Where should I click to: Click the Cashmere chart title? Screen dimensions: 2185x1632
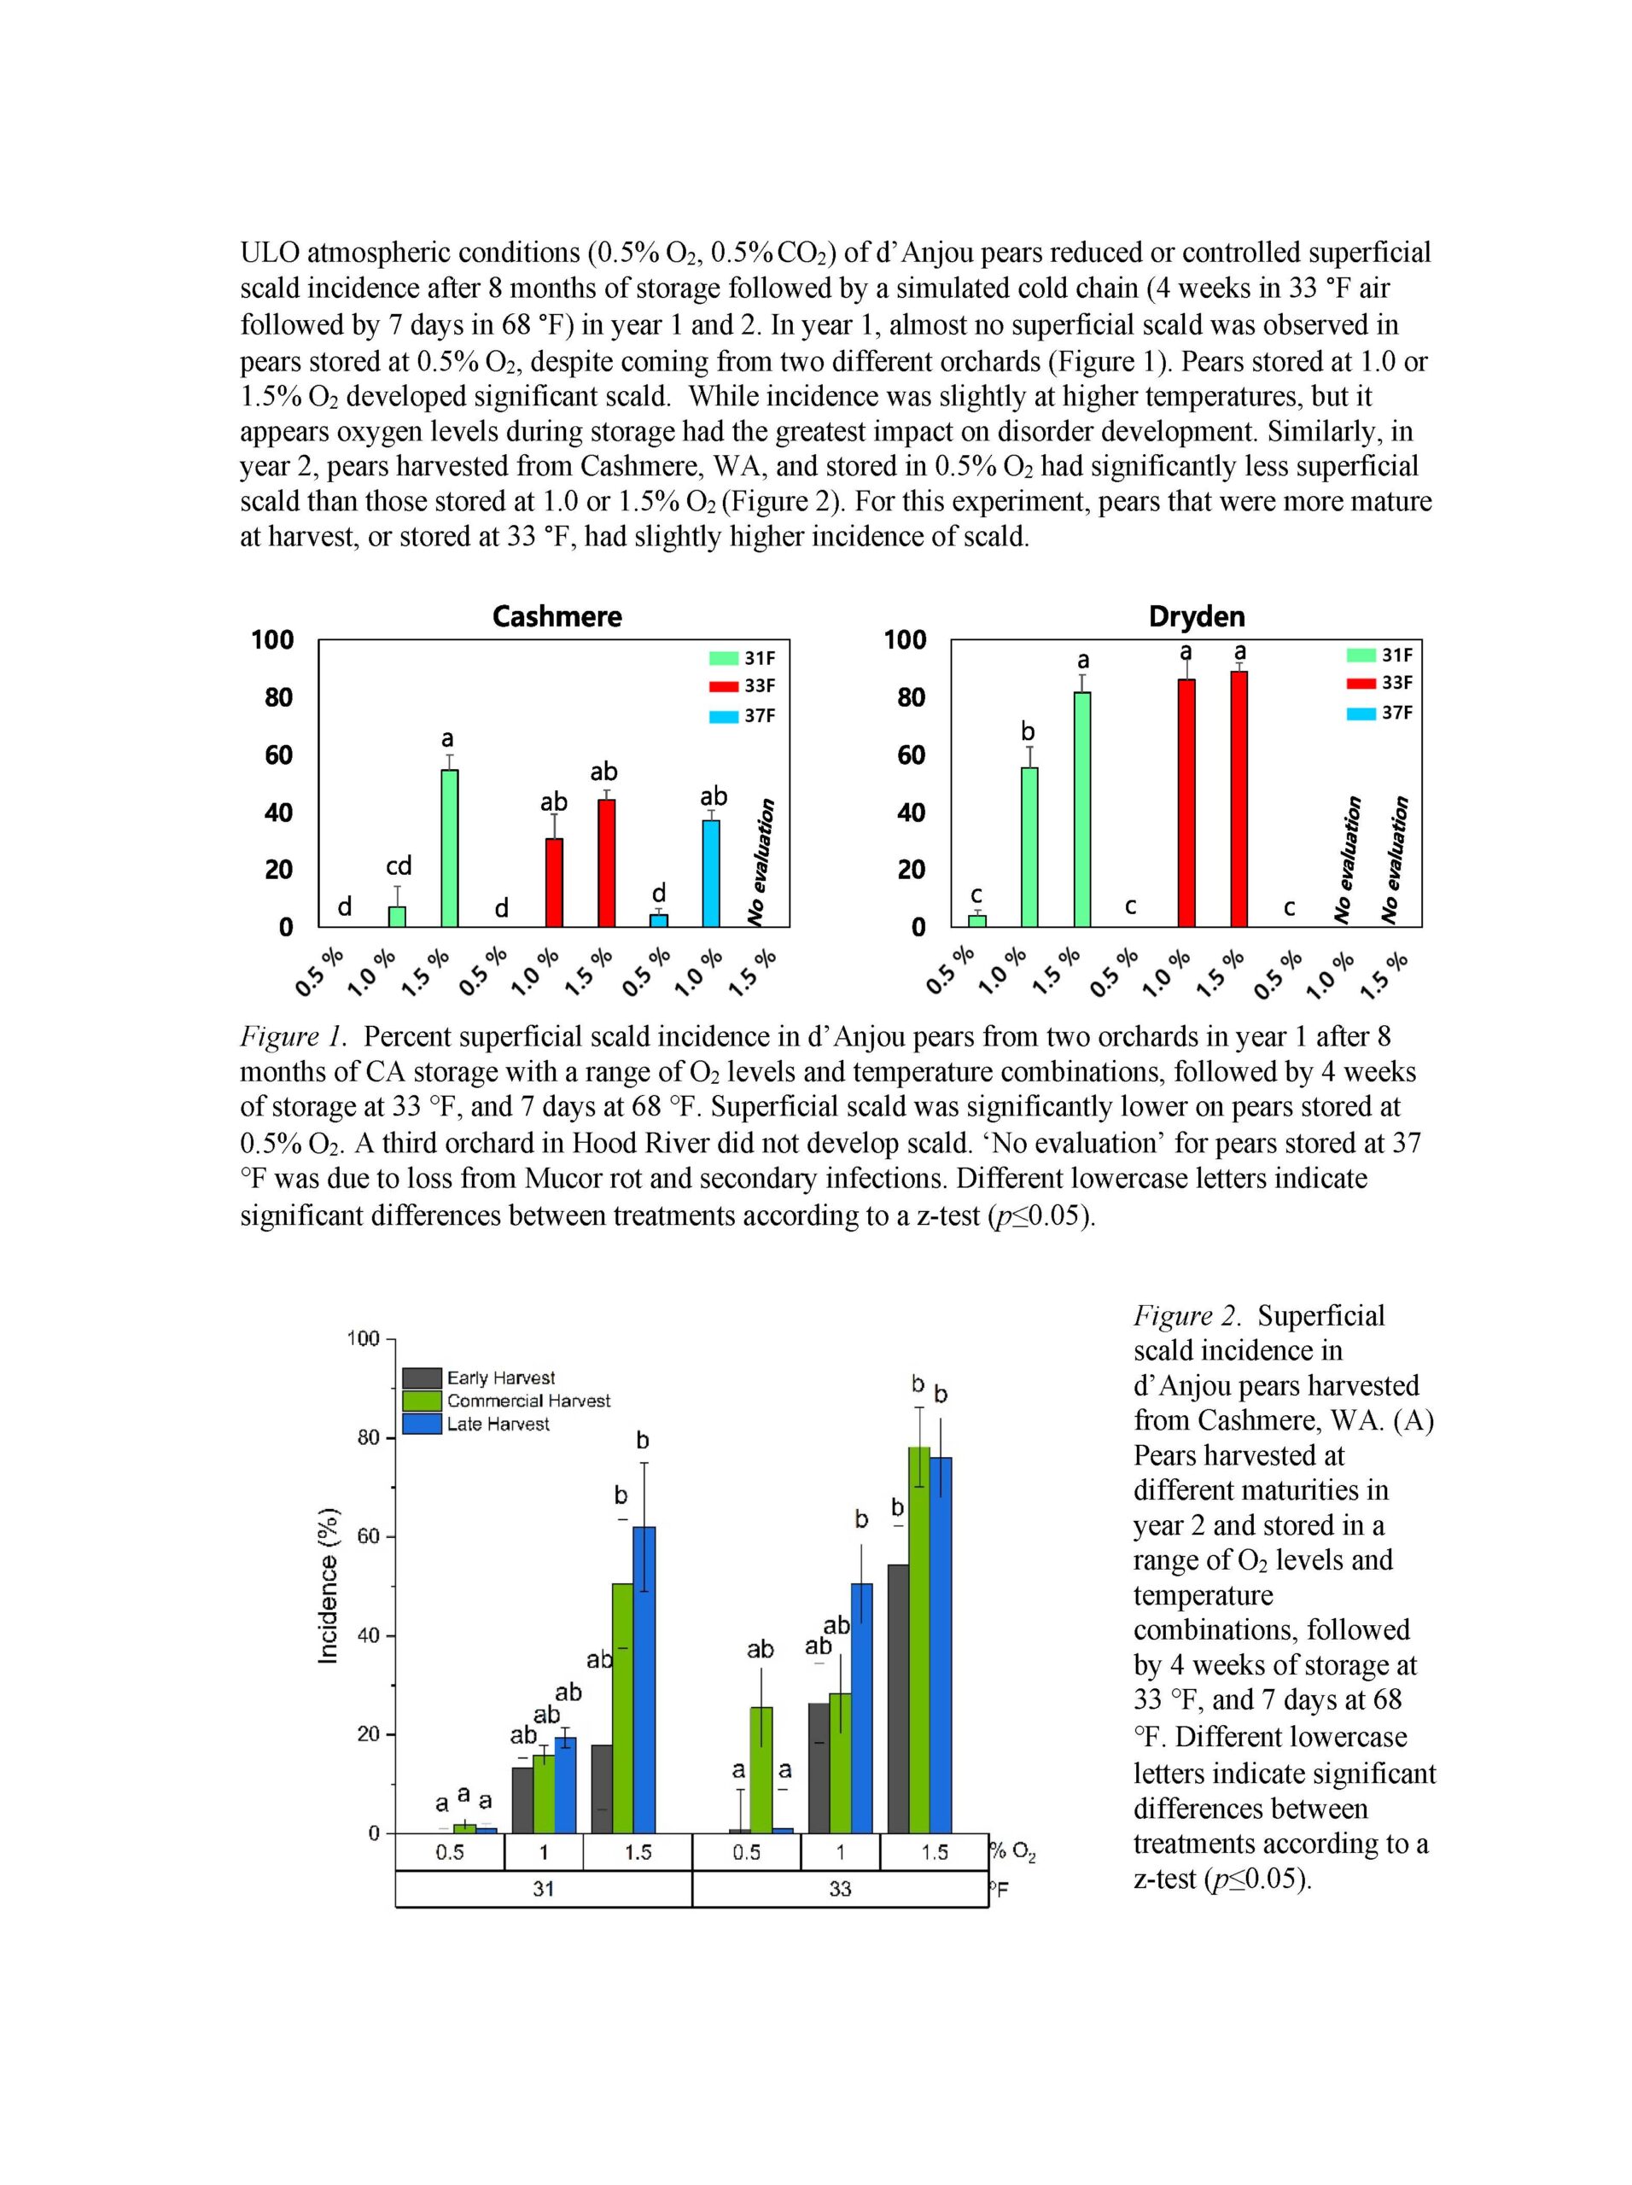557,616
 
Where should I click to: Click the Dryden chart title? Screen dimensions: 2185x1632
1197,616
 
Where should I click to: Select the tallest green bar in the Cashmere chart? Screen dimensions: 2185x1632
450,848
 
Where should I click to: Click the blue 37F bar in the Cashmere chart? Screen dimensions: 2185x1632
710,873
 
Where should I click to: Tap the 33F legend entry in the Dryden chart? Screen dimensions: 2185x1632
1380,683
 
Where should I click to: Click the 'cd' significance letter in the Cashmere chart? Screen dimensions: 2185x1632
398,865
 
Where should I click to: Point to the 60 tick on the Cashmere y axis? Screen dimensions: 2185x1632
271,755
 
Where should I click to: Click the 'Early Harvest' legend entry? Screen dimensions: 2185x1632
479,1378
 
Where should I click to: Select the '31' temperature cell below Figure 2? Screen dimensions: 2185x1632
544,1889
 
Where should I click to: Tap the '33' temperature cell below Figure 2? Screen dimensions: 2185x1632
840,1889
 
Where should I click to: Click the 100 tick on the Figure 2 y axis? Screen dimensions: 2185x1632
363,1338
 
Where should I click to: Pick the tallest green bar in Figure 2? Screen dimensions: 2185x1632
918,1640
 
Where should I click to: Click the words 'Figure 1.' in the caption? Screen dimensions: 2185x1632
294,1037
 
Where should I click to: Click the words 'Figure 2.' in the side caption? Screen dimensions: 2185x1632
1186,1316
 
